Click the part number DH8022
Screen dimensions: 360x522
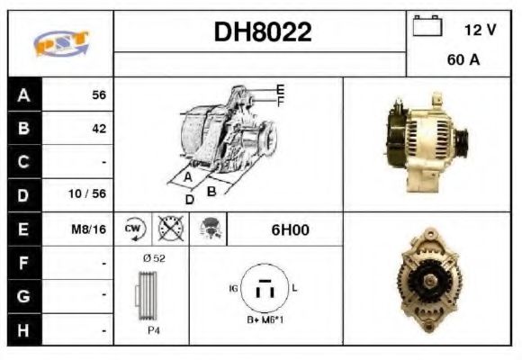[263, 33]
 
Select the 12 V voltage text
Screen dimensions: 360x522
[480, 30]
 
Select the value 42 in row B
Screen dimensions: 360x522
[98, 129]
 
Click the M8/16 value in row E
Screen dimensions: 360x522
[89, 229]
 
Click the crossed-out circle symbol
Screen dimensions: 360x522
[168, 229]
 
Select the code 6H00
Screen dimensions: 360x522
[290, 229]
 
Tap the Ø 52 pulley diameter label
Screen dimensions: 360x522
[153, 257]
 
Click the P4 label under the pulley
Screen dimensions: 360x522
[154, 329]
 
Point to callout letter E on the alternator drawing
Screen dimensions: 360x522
[281, 89]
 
